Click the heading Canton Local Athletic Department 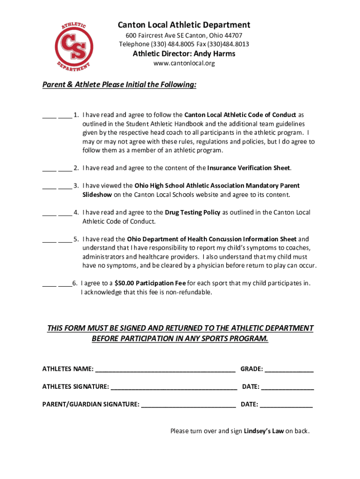[184, 25]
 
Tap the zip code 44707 [233, 36]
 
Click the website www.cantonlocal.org [184, 63]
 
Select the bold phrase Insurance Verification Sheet [249, 168]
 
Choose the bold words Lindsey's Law [264, 431]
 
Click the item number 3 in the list [76, 186]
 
